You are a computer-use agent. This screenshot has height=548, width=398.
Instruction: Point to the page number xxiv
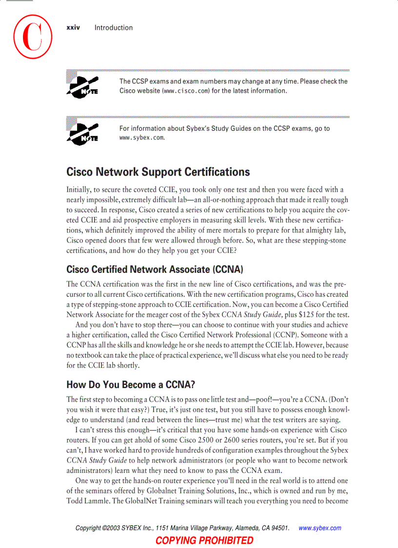(73, 28)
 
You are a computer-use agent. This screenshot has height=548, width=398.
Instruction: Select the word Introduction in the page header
(114, 28)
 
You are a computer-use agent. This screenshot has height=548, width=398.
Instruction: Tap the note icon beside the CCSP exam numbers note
(83, 86)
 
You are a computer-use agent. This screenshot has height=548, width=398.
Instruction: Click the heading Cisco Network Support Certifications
(158, 172)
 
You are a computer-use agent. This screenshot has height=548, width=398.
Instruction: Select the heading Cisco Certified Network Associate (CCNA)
(155, 269)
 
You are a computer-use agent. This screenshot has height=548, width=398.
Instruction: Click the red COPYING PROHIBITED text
(204, 540)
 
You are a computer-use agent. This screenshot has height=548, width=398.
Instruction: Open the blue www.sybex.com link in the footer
(319, 528)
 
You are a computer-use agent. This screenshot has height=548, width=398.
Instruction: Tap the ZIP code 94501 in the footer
(280, 528)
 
